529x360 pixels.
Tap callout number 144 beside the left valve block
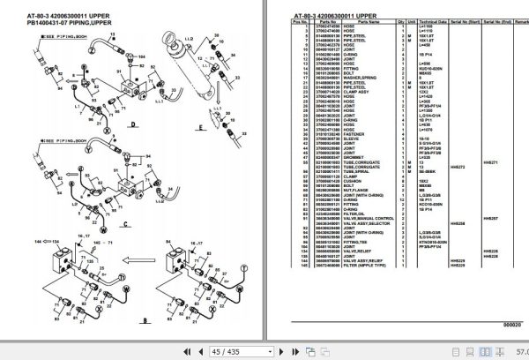36,239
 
